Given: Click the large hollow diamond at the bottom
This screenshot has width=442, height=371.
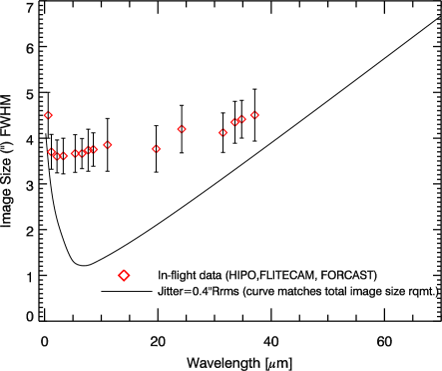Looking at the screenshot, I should point(124,275).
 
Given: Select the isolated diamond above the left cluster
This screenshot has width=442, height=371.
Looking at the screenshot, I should point(48,115).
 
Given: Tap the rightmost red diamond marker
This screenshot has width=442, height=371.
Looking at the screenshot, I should point(254,115).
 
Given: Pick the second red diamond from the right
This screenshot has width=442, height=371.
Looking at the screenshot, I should point(241,119).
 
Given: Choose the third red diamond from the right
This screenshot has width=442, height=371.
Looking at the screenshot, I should point(234,123).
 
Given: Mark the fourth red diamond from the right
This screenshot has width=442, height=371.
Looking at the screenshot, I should point(222,132).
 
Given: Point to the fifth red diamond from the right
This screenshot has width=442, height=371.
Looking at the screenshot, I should point(182,129).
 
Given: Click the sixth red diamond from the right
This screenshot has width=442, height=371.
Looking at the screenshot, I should point(156,149).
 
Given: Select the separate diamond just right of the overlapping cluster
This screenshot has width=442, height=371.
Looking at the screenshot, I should point(108,145).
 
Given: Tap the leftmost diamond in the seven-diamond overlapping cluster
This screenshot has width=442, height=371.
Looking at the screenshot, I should point(52,152).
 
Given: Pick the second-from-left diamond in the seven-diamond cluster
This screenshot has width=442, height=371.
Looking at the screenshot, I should point(60,156).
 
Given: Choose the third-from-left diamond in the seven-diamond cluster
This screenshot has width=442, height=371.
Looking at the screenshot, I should point(65,156).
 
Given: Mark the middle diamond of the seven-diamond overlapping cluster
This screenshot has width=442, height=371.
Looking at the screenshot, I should point(75,154).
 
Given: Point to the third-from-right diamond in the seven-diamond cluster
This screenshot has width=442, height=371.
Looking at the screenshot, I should point(82,153).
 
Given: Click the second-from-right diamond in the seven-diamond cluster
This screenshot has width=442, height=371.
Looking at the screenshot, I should point(88,150).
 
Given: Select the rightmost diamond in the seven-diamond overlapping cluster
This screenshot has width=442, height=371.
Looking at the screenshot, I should point(94,150).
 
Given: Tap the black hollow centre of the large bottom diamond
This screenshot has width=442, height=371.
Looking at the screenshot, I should point(124,275).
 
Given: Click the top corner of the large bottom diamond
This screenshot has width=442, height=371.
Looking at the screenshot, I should point(124,269).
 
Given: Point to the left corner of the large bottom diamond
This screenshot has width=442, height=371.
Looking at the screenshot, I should point(118,275).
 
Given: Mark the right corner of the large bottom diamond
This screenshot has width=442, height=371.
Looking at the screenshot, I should point(130,275).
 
